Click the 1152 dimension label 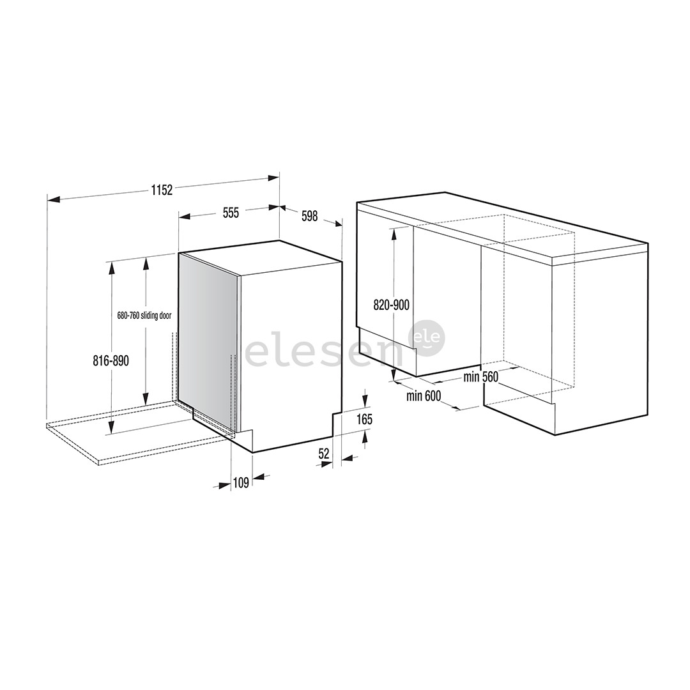tap(162, 190)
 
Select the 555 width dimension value tap(231, 213)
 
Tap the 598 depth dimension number tap(310, 216)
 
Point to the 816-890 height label tap(111, 361)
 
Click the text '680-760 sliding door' tap(144, 316)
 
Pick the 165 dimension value tap(364, 419)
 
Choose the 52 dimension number tap(324, 454)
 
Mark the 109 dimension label tap(241, 483)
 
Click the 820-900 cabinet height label tap(391, 305)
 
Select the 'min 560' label tap(480, 377)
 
